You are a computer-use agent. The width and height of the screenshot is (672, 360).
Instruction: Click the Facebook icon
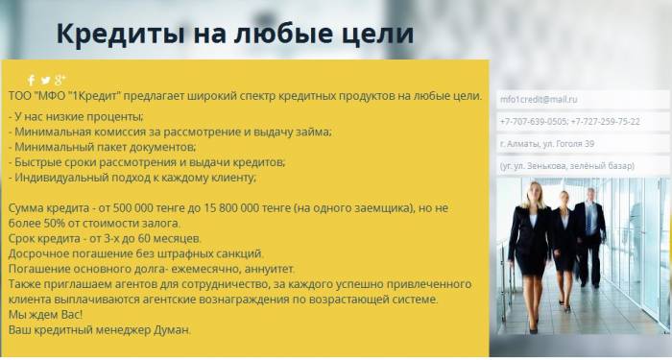(31, 80)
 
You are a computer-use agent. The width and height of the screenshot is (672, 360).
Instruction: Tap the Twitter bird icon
(45, 80)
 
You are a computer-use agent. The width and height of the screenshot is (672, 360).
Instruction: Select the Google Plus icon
(60, 80)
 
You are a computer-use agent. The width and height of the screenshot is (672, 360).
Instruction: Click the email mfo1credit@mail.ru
(539, 99)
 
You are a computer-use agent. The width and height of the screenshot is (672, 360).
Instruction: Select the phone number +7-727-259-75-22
(606, 122)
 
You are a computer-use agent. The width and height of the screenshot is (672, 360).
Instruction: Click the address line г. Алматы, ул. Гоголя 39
(547, 144)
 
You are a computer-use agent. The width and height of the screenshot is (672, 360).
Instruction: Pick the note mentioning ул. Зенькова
(567, 166)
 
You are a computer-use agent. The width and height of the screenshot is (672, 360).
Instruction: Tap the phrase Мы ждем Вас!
(45, 314)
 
